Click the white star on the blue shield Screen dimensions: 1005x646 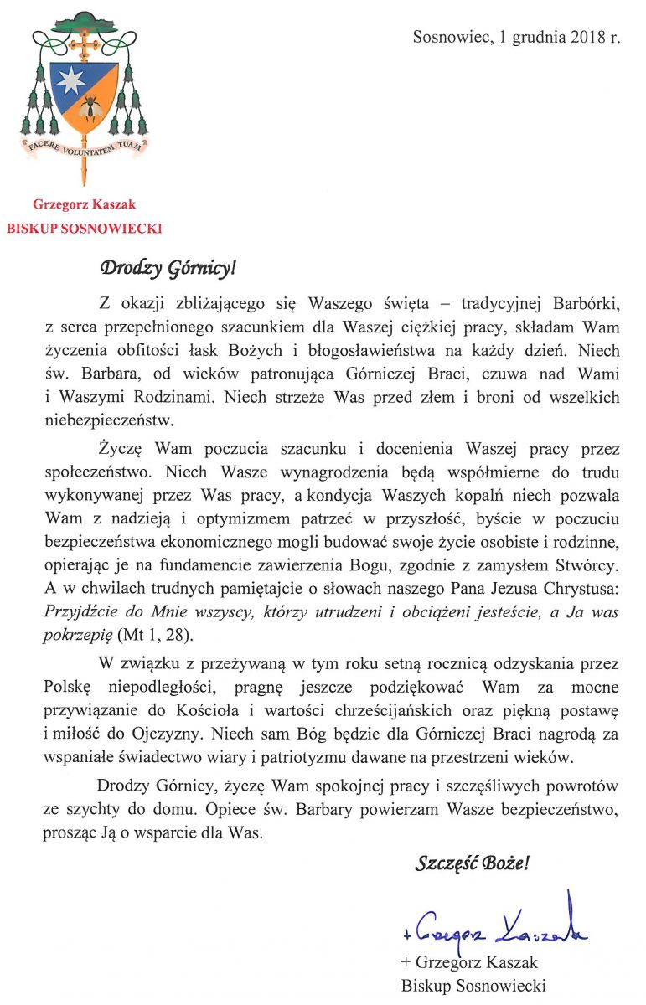70,80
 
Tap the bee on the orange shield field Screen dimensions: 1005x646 91,107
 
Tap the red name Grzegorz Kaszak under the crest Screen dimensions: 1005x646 84,204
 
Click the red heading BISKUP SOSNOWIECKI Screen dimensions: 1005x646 84,228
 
